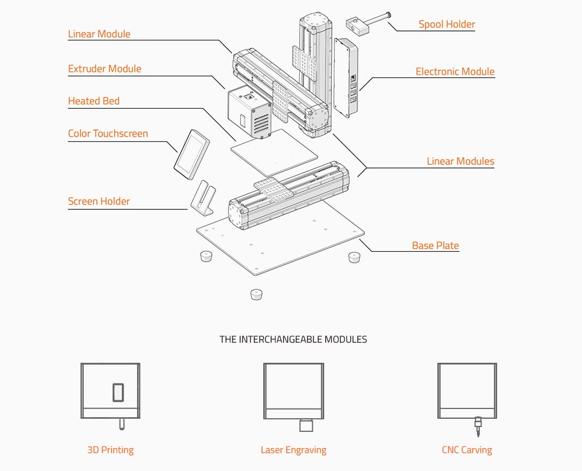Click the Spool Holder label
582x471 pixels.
(x=447, y=24)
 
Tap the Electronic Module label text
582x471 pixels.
(x=455, y=71)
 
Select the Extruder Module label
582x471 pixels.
(x=104, y=69)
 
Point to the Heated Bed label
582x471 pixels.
(x=94, y=101)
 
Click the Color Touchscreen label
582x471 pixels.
(x=108, y=134)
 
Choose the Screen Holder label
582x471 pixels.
(x=99, y=201)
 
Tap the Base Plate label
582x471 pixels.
(x=435, y=245)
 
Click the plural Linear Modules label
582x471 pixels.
(x=460, y=161)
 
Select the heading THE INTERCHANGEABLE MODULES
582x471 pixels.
(x=293, y=339)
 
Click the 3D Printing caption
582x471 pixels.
(x=110, y=450)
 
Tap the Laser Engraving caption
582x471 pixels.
(x=294, y=450)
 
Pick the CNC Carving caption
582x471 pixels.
(x=467, y=450)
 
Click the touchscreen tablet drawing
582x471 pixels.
(x=191, y=154)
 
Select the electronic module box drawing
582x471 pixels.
(x=346, y=77)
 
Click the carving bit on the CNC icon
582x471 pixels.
(x=478, y=426)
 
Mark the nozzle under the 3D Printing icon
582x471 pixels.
(x=121, y=424)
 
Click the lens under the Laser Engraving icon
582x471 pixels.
(x=306, y=425)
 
